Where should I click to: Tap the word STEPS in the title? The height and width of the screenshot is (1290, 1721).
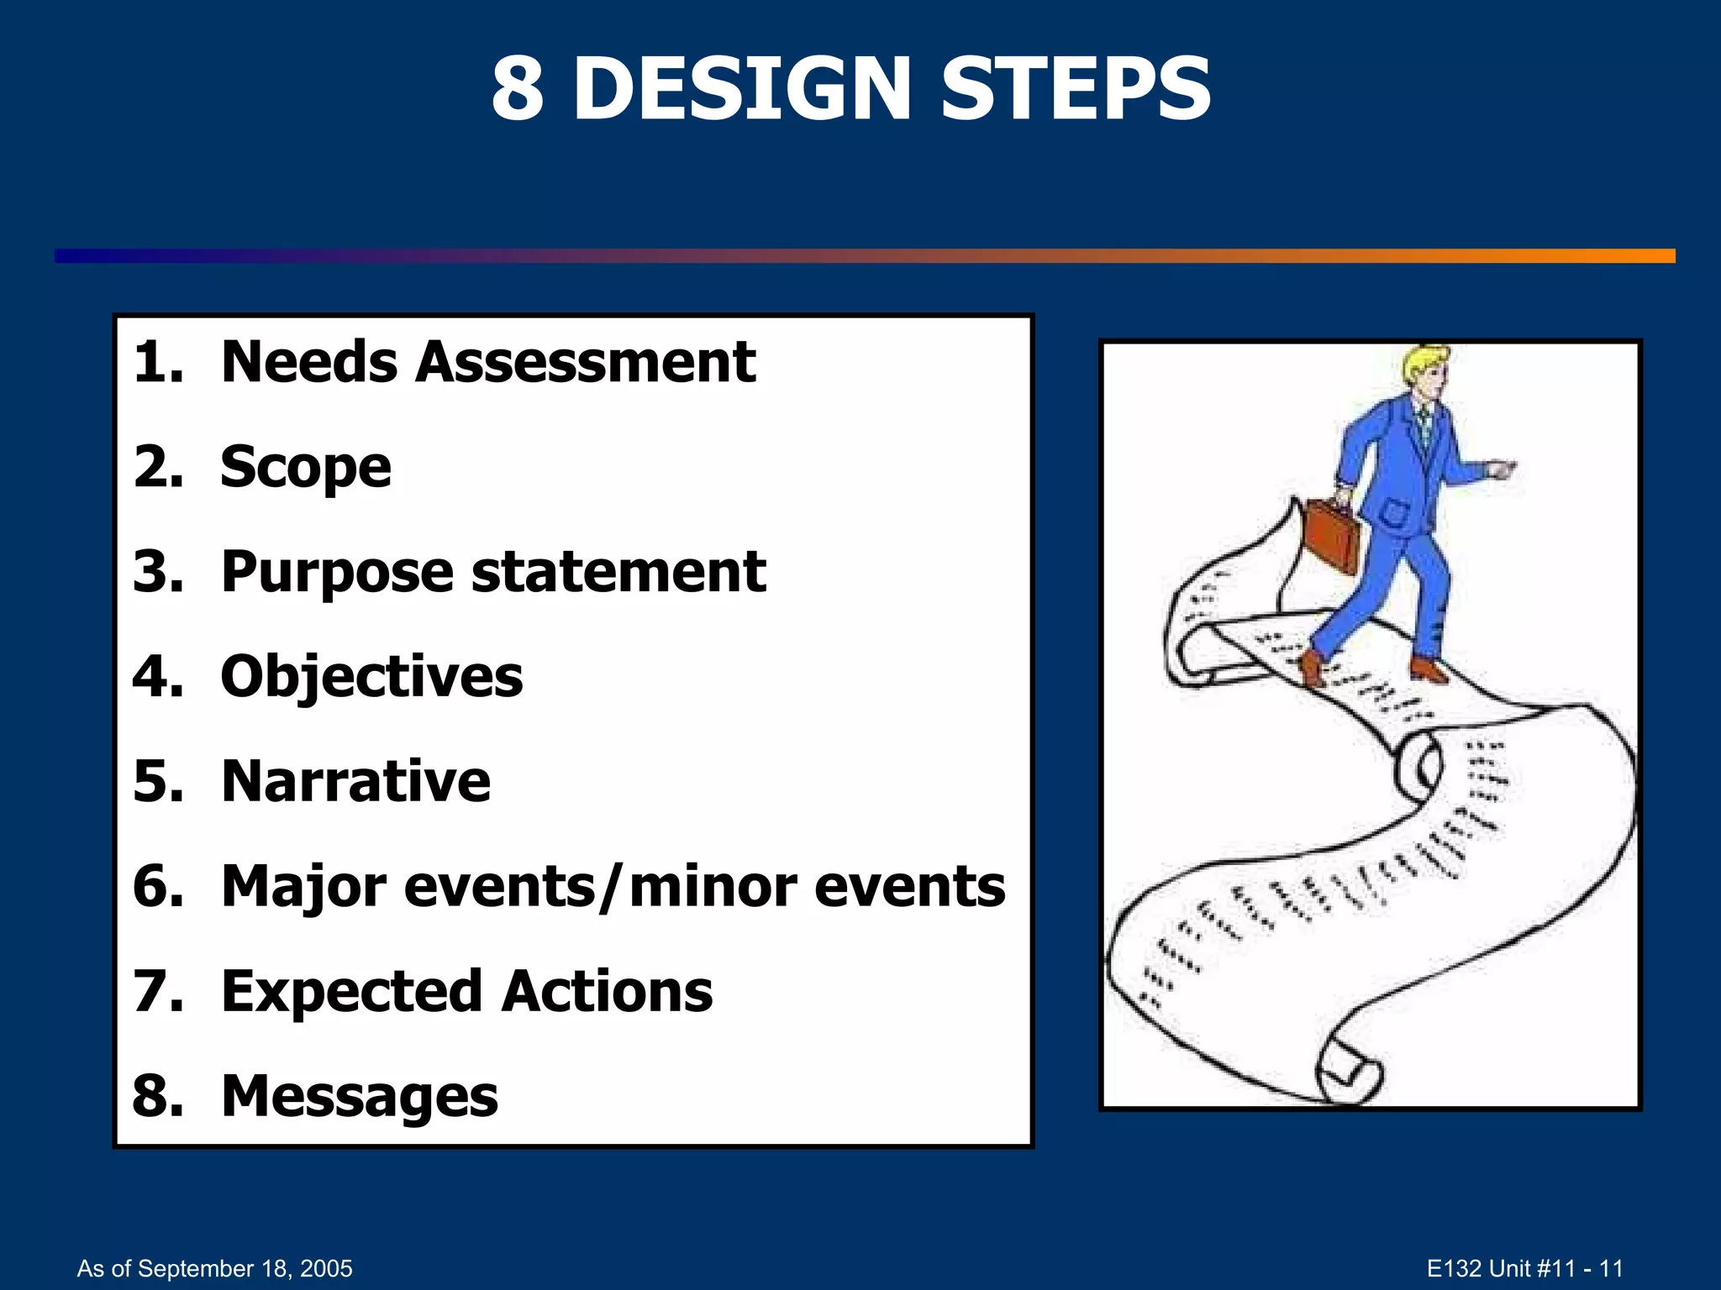1075,88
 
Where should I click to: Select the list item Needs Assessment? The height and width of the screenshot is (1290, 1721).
487,363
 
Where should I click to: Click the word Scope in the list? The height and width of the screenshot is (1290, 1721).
305,468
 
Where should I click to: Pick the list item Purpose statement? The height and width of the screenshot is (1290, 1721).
493,573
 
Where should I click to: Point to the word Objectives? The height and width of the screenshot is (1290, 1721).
371,677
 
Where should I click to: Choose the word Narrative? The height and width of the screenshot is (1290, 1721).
355,782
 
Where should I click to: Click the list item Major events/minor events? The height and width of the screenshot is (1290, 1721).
613,887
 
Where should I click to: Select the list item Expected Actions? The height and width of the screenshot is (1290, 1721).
466,992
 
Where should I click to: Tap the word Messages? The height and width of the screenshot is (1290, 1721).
360,1097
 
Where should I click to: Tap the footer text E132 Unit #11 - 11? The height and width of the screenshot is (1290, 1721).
1524,1268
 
